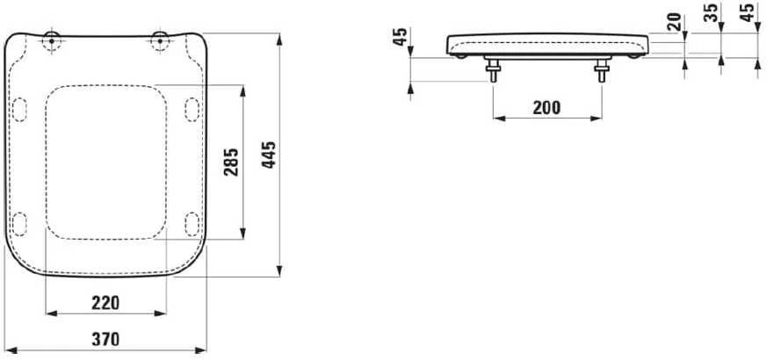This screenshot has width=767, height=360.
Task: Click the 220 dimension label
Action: (105, 303)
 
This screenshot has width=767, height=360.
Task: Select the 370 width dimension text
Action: (105, 339)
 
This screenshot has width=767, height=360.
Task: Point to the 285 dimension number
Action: (231, 162)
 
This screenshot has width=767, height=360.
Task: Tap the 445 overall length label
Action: (268, 155)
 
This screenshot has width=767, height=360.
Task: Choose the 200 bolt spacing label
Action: (546, 108)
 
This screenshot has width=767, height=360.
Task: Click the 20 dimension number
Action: (676, 22)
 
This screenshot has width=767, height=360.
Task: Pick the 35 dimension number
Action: (713, 12)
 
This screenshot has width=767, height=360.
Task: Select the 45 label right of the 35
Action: (748, 12)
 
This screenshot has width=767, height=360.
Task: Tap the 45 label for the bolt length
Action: (401, 37)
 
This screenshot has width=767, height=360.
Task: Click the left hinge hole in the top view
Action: (52, 41)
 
